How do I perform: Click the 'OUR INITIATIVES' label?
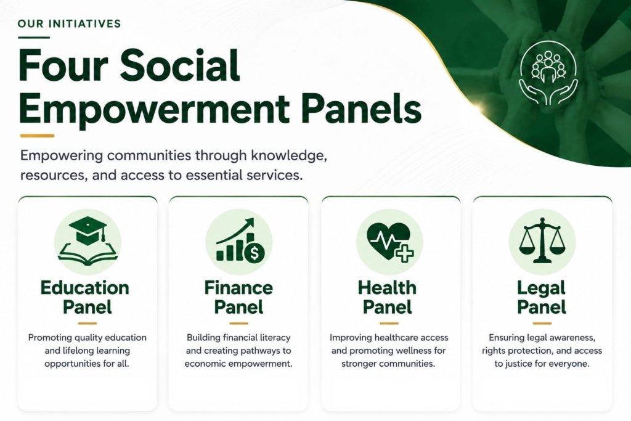point(69,24)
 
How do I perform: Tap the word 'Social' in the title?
point(180,65)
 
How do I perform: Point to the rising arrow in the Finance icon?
point(235,231)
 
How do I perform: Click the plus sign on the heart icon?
point(404,253)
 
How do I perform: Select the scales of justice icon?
point(542,240)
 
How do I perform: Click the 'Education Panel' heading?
point(85,297)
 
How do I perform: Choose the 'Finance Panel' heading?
point(238,297)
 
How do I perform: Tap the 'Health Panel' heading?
point(387,297)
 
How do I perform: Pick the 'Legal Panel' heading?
point(541,297)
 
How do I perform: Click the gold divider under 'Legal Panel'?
point(542,323)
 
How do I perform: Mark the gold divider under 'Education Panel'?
point(88,323)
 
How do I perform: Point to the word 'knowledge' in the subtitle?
point(288,155)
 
